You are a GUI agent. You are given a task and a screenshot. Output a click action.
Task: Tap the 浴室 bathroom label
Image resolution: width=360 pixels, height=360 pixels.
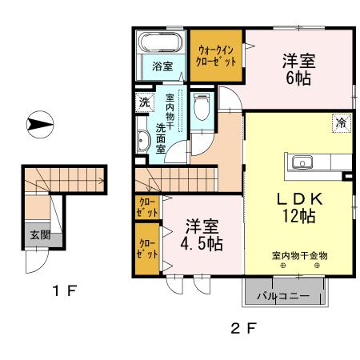point(162,66)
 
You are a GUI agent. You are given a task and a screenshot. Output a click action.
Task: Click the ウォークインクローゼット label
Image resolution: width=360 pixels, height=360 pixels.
point(216,54)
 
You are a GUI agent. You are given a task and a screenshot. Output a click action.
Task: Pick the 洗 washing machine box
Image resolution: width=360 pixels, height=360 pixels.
point(144,102)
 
